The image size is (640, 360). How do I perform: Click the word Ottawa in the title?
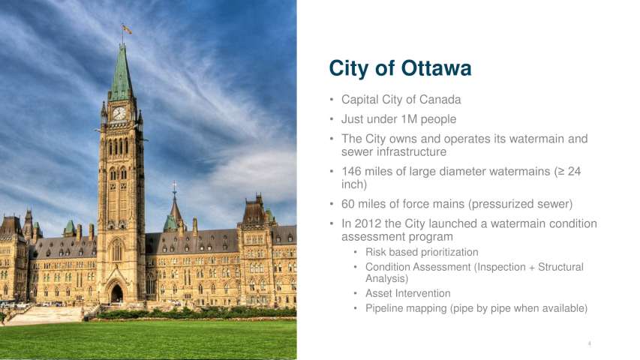click(x=436, y=67)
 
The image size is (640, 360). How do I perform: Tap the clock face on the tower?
click(x=119, y=113)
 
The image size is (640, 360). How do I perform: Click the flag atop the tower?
click(x=127, y=29)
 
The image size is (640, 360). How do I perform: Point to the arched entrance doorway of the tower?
click(x=117, y=293)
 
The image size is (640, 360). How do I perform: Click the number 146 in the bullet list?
click(x=351, y=172)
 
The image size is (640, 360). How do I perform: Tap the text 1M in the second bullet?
click(x=409, y=119)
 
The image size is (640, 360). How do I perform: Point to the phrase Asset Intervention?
click(x=407, y=293)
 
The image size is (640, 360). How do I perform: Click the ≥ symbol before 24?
click(x=560, y=172)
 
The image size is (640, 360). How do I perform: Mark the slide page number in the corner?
click(x=590, y=343)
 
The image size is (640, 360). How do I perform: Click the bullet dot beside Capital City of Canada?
click(x=332, y=100)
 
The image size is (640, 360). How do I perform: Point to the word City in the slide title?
click(x=349, y=68)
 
